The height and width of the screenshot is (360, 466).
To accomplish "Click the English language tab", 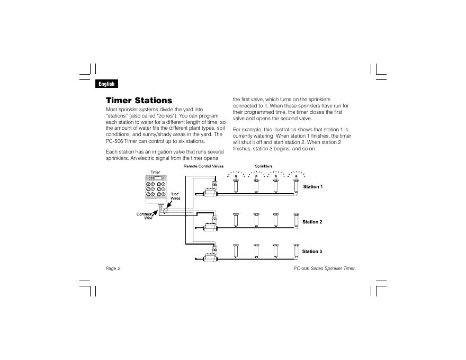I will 106,84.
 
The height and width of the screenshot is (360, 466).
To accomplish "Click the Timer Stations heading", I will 139,100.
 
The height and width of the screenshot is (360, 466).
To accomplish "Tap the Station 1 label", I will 312,187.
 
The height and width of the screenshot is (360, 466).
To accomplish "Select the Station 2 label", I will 312,222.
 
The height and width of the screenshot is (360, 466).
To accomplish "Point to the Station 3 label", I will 312,251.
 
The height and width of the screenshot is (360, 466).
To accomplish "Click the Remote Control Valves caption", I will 204,166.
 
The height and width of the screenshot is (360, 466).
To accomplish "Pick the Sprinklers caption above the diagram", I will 264,166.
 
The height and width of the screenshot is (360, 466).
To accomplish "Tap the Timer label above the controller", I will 155,172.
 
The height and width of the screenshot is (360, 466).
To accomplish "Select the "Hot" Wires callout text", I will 175,196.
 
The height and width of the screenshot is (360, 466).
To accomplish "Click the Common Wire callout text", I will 145,216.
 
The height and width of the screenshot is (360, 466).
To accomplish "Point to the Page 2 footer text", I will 113,268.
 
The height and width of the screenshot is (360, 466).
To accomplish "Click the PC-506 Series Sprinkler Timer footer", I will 324,268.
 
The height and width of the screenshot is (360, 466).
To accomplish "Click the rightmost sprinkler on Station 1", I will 295,185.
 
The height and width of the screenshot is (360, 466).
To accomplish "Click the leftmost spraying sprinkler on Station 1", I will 236,185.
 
